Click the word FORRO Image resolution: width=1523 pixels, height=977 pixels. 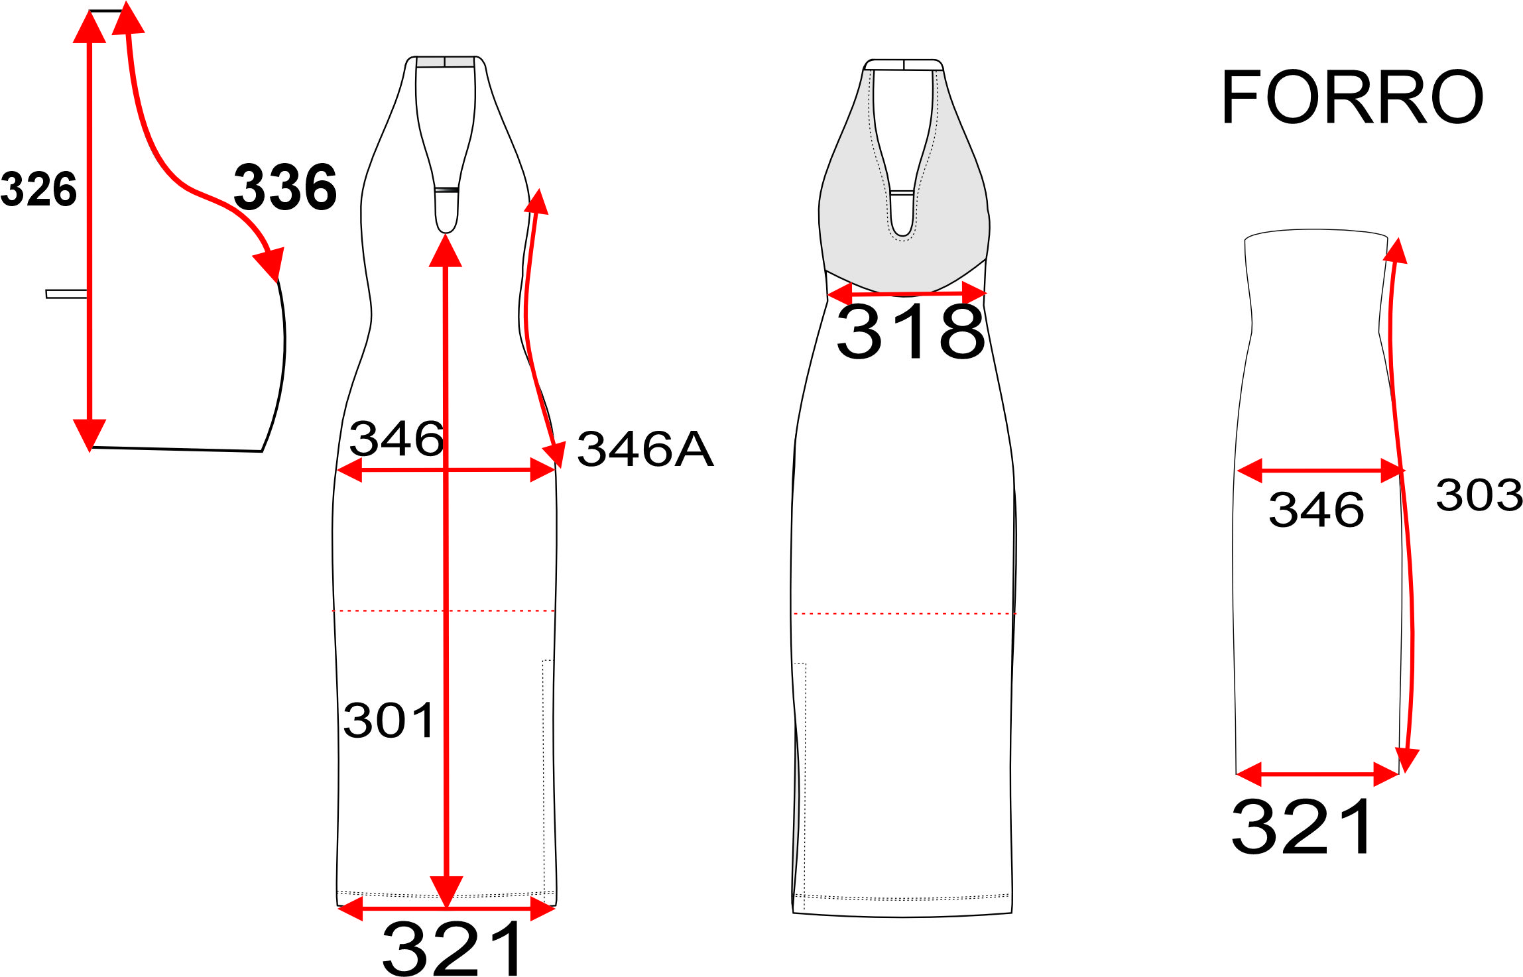pyautogui.click(x=1351, y=97)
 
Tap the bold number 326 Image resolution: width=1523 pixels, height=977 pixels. pyautogui.click(x=38, y=189)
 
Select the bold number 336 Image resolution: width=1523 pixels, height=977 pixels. pyautogui.click(x=285, y=188)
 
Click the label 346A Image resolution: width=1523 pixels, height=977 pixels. pyautogui.click(x=645, y=449)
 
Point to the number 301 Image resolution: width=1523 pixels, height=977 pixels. pyautogui.click(x=389, y=720)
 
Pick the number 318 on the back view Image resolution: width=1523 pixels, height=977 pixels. pyautogui.click(x=910, y=331)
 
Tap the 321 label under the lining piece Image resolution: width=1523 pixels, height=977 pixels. pyautogui.click(x=1302, y=827)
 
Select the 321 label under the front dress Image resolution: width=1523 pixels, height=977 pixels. pyautogui.click(x=454, y=948)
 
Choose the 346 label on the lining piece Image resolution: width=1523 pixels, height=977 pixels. pyautogui.click(x=1316, y=510)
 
